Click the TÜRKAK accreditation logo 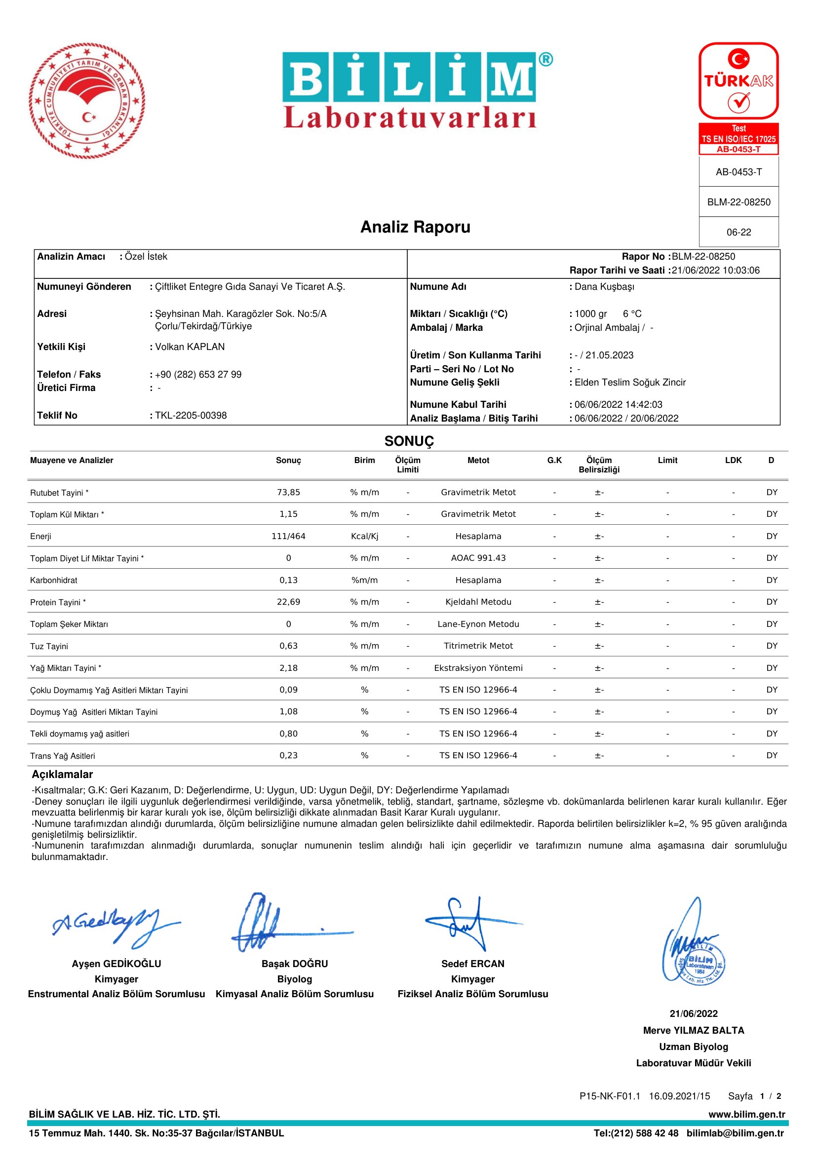pos(738,81)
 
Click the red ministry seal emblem pos(87,101)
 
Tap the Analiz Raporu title pos(415,227)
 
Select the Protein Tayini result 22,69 pos(288,602)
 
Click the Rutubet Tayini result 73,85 pos(288,492)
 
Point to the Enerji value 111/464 pos(288,536)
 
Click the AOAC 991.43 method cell pos(478,558)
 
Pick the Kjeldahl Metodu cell pos(478,602)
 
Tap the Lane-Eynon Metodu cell pos(478,624)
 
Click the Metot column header pos(478,461)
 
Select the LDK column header pos(733,461)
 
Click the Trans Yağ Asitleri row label pos(63,756)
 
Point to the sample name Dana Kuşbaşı pos(605,287)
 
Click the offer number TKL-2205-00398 pos(191,415)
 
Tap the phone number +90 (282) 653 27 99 pos(198,375)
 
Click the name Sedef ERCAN pos(472,964)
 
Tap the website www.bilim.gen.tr pos(746,1115)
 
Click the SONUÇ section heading pos(409,441)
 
